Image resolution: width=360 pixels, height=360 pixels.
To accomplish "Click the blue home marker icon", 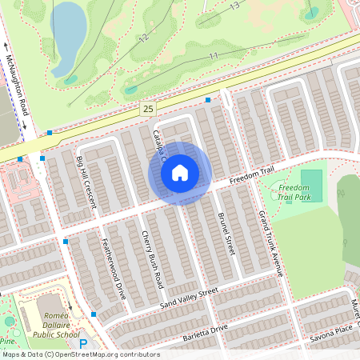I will (180, 173).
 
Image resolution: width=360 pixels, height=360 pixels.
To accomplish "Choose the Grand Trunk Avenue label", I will (270, 243).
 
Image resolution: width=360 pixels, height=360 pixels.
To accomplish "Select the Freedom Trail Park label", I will (293, 192).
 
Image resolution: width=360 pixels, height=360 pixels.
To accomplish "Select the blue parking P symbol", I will (82, 344).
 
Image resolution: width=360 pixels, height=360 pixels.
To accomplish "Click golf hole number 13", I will (234, 6).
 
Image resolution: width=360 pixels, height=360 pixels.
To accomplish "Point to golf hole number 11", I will (213, 55).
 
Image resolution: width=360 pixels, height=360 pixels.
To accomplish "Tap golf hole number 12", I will (143, 38).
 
